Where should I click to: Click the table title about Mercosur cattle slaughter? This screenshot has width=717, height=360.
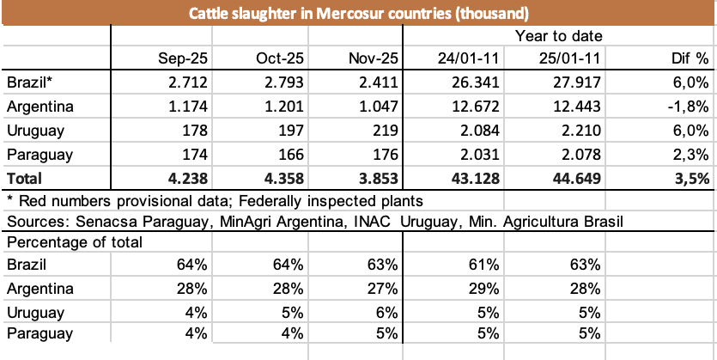click(358, 13)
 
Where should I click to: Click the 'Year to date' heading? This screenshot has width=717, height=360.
click(558, 36)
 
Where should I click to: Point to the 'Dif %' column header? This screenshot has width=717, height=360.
click(690, 59)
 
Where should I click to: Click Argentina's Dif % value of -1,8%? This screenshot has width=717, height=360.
click(688, 107)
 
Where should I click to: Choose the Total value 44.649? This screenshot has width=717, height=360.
click(576, 180)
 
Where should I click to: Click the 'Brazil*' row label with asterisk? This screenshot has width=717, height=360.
click(28, 83)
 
